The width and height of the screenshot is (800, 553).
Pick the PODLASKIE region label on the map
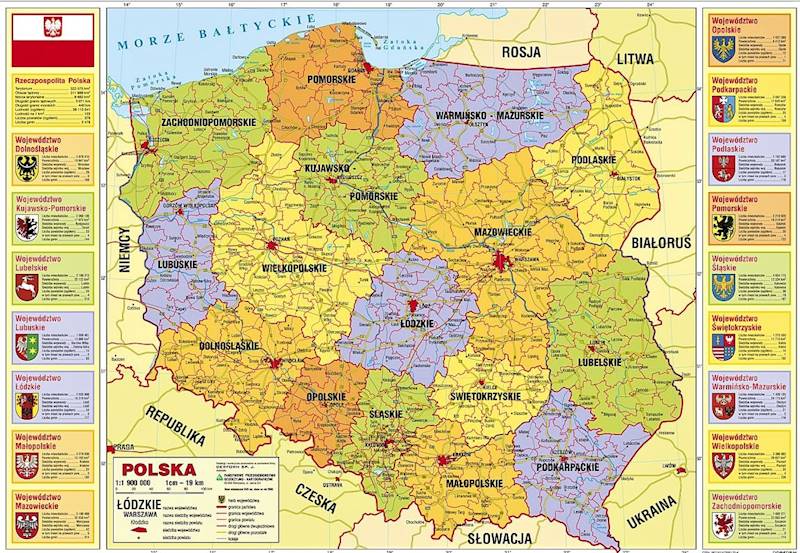tap(593, 159)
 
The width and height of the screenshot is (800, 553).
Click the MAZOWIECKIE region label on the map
tap(503, 231)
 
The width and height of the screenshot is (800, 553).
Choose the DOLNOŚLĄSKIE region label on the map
tap(229, 346)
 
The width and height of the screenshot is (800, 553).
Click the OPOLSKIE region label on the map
tap(325, 396)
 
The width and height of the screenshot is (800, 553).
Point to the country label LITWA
tap(634, 59)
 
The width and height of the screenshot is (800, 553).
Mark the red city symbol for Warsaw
tap(500, 263)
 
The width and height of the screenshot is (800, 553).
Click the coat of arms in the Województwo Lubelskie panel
tap(27, 288)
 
